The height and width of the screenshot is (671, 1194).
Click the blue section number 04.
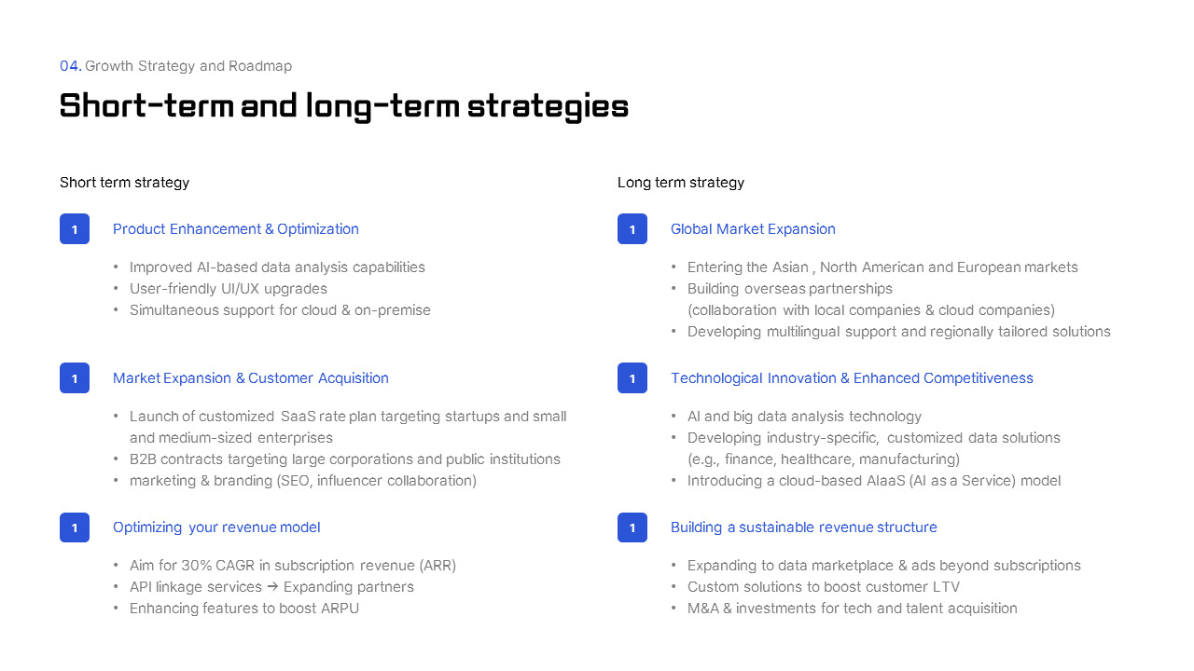pos(70,66)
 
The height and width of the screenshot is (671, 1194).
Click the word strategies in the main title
pos(548,106)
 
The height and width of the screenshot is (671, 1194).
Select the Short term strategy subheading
pos(124,183)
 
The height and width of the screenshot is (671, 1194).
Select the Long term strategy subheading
pos(681,183)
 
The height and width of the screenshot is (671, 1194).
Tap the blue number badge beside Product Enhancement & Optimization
pos(75,229)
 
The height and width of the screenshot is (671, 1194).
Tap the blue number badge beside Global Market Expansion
pos(632,229)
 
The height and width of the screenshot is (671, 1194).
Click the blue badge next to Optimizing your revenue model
pos(75,527)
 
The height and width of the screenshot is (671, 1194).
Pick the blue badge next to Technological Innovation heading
pos(632,378)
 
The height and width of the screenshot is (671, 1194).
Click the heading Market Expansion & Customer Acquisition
pos(251,378)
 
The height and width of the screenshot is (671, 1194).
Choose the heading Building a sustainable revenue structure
pos(804,527)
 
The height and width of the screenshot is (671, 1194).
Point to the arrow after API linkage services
pos(272,587)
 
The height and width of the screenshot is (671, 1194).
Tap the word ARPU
pos(340,609)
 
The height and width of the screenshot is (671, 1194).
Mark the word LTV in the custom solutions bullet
pos(946,587)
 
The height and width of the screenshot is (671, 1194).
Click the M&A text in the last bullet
pos(702,609)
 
